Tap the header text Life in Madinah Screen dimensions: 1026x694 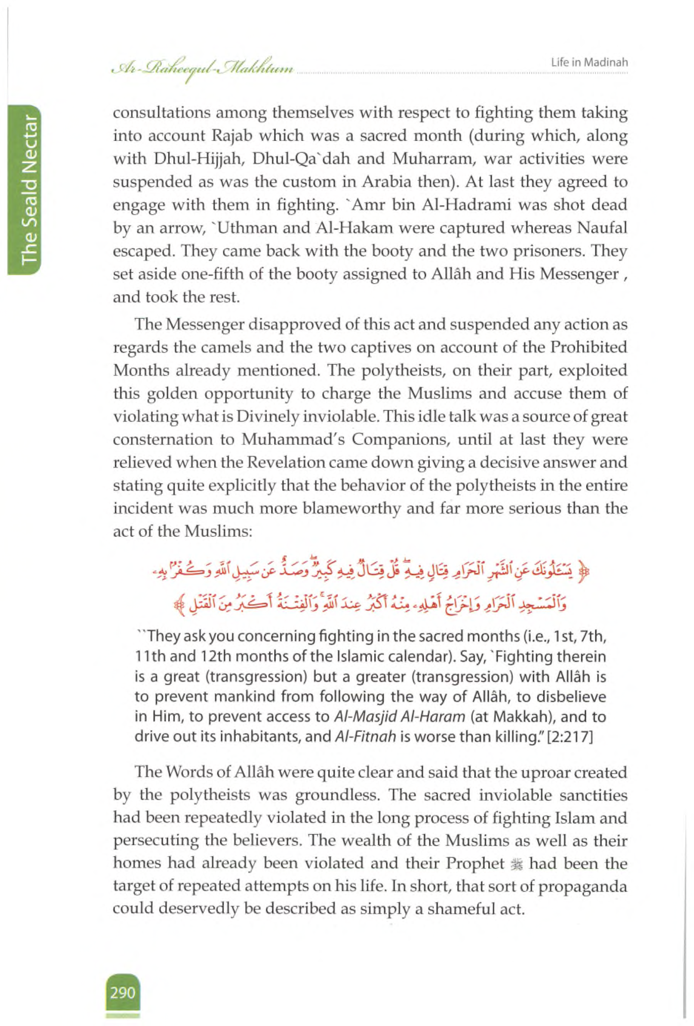click(590, 63)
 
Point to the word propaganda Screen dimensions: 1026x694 click(583, 887)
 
